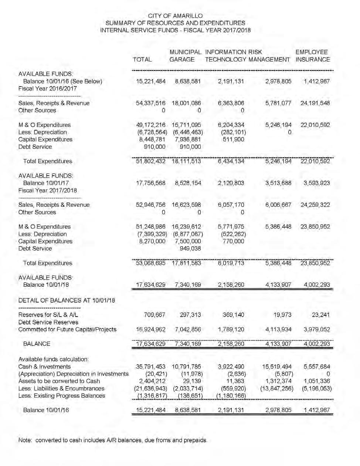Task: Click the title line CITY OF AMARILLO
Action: point(175,16)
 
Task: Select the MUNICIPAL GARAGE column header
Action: point(185,56)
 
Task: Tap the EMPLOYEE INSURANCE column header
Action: point(312,56)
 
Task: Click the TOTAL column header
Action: point(142,60)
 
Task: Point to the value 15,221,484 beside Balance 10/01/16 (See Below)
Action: point(151,81)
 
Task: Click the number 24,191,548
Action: point(315,103)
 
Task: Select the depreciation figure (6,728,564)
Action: point(152,132)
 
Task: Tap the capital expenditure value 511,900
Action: point(234,139)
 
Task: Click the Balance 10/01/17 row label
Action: point(46,183)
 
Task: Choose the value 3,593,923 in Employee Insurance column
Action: point(316,183)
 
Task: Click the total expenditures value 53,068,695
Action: point(151,263)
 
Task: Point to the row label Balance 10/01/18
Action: point(46,285)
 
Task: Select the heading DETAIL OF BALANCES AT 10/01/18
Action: point(67,300)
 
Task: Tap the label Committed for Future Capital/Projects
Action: point(67,330)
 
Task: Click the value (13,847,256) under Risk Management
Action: point(278,389)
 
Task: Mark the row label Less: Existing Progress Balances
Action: point(62,396)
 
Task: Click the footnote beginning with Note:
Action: point(113,440)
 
